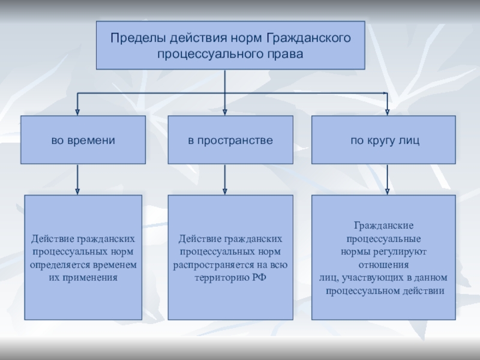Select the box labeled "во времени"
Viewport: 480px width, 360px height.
pyautogui.click(x=83, y=140)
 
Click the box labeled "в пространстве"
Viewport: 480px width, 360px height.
pyautogui.click(x=230, y=140)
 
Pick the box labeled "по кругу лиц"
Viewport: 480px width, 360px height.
pyautogui.click(x=384, y=140)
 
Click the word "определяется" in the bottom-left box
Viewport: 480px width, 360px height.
pyautogui.click(x=59, y=265)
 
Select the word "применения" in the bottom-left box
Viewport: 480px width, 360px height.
pyautogui.click(x=92, y=278)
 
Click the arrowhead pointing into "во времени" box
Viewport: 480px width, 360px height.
pyautogui.click(x=77, y=110)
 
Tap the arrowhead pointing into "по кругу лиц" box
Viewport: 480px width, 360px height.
pyautogui.click(x=387, y=110)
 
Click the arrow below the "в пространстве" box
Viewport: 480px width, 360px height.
pyautogui.click(x=225, y=180)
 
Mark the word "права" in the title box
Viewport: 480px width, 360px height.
pyautogui.click(x=290, y=53)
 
